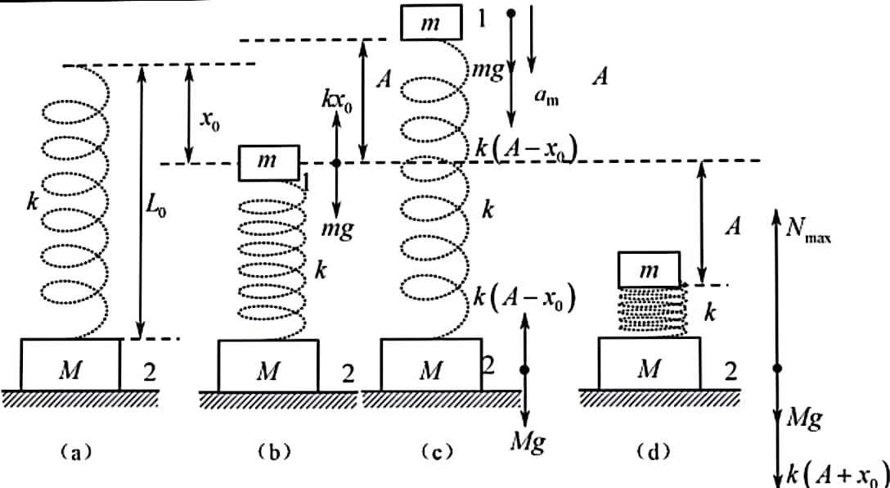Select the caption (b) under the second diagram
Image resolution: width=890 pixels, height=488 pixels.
[x=273, y=452]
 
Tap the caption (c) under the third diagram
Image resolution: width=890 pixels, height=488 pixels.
[x=436, y=452]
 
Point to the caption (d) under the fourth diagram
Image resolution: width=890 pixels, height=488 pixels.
[x=653, y=452]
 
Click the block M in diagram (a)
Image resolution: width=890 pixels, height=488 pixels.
[x=70, y=364]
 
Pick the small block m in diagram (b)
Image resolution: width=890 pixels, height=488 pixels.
[x=268, y=163]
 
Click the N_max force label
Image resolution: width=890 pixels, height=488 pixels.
[x=808, y=231]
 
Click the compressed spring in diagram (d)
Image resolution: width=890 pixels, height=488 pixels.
[x=653, y=311]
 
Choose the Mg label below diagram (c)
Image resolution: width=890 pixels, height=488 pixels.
[x=528, y=441]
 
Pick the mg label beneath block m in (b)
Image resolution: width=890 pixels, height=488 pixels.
[x=337, y=230]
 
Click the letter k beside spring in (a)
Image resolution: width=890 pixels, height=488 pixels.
[x=33, y=201]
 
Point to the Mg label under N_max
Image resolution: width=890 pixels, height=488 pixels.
[x=805, y=422]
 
